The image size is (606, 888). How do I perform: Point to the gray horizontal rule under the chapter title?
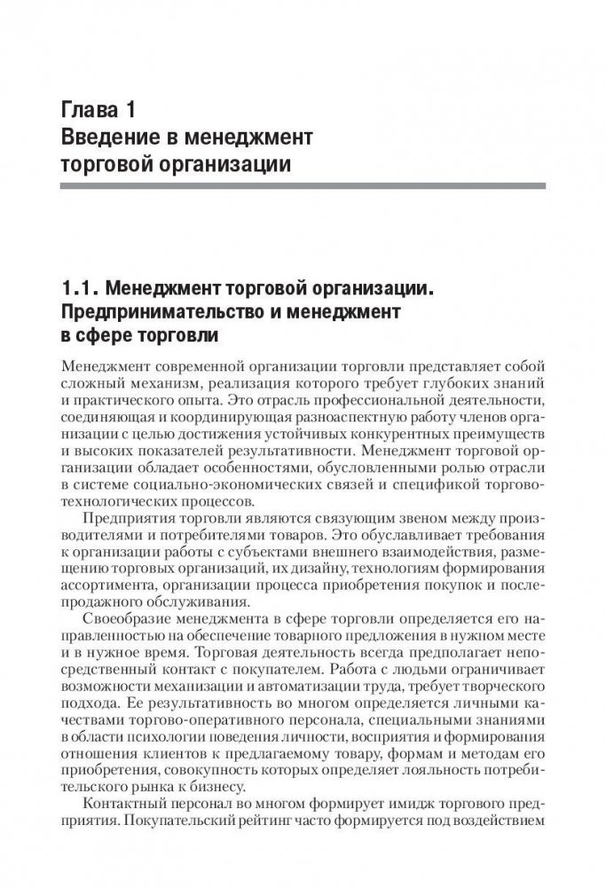(303, 185)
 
